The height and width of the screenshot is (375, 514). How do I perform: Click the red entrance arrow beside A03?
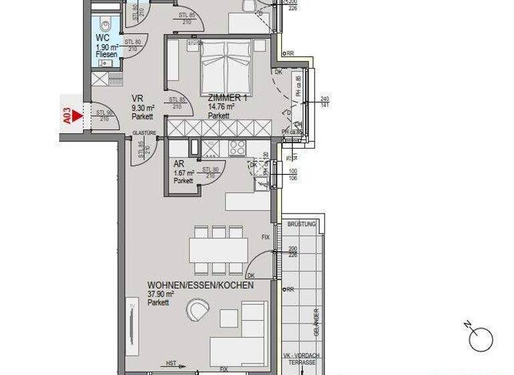point(77,115)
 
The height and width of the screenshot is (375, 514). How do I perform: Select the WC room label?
point(102,38)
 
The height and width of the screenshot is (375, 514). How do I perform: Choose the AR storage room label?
point(178,164)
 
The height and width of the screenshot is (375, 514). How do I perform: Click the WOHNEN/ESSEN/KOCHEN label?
point(200,285)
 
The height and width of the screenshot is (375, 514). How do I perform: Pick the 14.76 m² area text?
point(220,106)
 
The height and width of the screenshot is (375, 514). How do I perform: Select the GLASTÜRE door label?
point(144,133)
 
